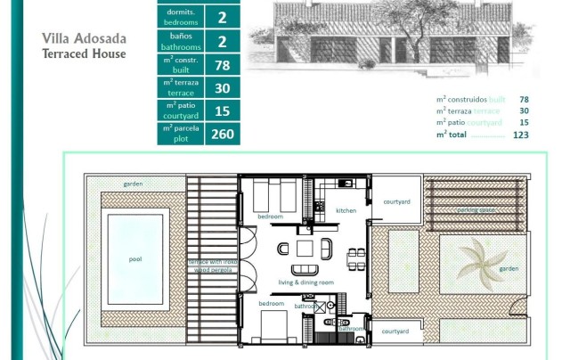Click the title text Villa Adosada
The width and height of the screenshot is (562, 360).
coord(84,38)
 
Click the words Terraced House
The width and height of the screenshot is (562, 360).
coord(84,53)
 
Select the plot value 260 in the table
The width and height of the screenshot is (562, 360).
coord(222,134)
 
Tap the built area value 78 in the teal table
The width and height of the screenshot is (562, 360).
coord(222,64)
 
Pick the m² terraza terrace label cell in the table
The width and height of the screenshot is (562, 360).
coord(180,87)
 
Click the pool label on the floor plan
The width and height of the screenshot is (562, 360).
coord(135,261)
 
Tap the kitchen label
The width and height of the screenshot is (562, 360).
coord(346,210)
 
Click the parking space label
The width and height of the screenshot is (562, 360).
coord(476,210)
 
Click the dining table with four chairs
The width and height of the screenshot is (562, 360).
coord(354,258)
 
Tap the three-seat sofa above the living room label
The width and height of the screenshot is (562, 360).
coord(302,270)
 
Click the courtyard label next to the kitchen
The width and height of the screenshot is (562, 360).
coord(396,202)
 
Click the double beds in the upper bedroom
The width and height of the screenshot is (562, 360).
coord(269,194)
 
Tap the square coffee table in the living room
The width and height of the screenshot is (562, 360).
coord(305,247)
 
